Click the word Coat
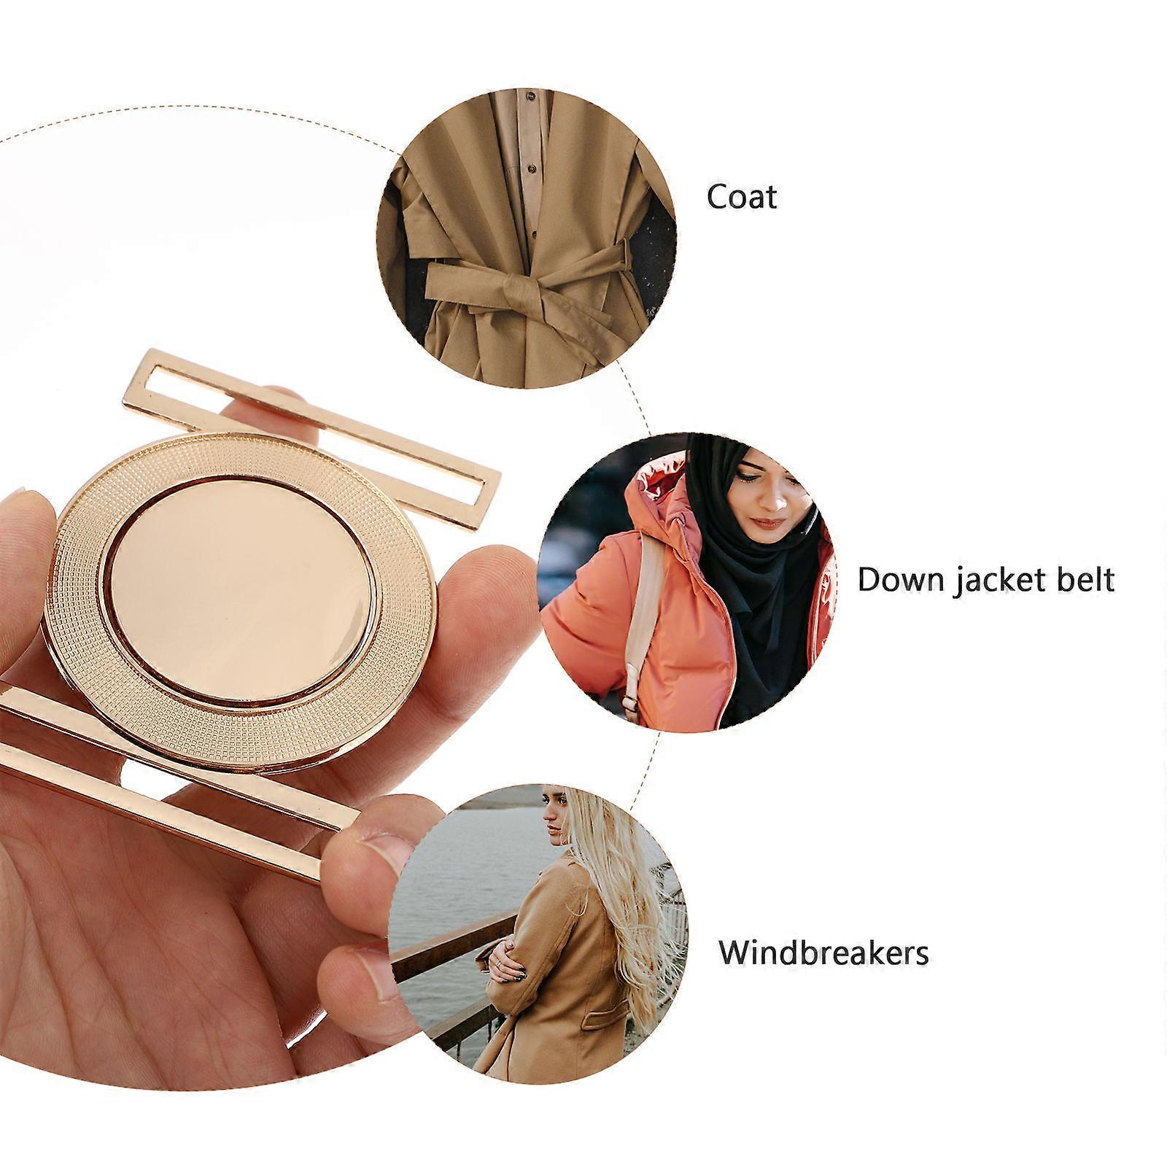click(x=742, y=196)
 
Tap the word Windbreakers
click(x=823, y=952)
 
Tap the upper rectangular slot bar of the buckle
click(x=314, y=424)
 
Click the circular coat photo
click(x=527, y=238)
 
